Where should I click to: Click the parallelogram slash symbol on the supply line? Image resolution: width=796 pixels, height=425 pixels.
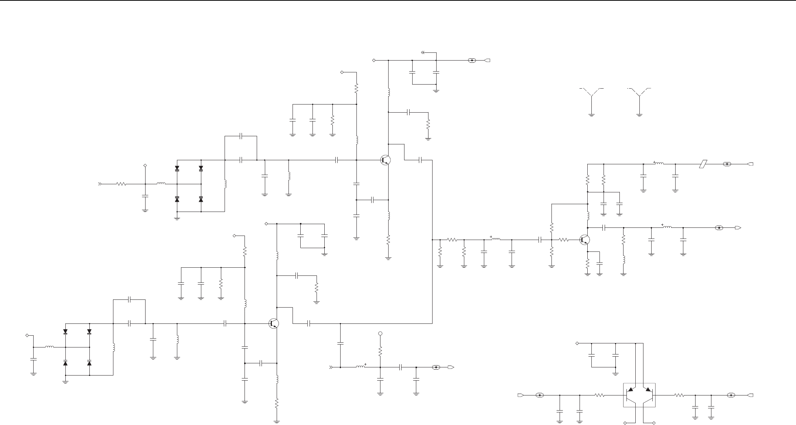(703, 164)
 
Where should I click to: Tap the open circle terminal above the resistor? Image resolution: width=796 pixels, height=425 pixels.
(380, 334)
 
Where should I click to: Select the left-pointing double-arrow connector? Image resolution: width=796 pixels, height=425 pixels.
(423, 52)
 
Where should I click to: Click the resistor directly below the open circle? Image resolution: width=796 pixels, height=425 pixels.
(380, 351)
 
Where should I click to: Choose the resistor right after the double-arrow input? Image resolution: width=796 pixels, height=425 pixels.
(122, 184)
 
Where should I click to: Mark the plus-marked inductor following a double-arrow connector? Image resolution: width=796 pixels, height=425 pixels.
(361, 367)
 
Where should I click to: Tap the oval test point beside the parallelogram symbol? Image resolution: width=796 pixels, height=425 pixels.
(727, 164)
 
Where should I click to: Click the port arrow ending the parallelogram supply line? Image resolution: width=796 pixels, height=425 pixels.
(750, 164)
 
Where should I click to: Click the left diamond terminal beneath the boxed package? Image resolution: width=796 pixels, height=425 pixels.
(625, 422)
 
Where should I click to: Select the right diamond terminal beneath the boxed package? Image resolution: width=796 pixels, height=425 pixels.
(654, 422)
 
